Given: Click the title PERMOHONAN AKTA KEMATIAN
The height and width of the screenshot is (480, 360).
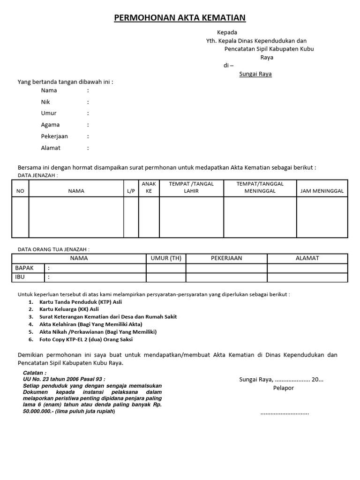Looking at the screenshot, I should click(x=180, y=18).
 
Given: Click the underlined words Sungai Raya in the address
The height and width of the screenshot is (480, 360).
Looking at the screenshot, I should click(x=255, y=74).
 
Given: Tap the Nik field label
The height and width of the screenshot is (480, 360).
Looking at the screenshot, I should click(x=45, y=102).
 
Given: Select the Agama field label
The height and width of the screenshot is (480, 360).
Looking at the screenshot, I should click(x=50, y=125).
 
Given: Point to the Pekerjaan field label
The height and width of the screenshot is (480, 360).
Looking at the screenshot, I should click(x=54, y=136).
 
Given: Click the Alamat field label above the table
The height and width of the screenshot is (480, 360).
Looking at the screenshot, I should click(x=51, y=148).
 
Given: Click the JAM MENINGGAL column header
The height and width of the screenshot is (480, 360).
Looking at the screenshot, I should click(x=322, y=191).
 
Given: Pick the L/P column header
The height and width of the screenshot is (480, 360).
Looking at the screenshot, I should click(x=130, y=191).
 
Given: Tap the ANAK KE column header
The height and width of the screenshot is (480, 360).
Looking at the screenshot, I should click(x=149, y=187).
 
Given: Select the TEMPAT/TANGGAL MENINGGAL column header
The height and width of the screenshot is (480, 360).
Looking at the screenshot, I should click(x=260, y=187).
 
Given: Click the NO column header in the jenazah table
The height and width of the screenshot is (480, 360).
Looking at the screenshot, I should click(x=20, y=191).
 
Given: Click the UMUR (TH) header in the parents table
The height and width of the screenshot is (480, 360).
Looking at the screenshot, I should click(x=165, y=258).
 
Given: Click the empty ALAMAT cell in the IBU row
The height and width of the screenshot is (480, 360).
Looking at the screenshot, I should click(x=307, y=277).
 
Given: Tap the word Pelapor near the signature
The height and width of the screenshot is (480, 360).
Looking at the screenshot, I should click(x=283, y=388).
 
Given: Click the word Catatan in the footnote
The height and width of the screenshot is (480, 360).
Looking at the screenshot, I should click(x=35, y=372).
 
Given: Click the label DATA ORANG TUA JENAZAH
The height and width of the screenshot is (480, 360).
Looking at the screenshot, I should click(x=53, y=249).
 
